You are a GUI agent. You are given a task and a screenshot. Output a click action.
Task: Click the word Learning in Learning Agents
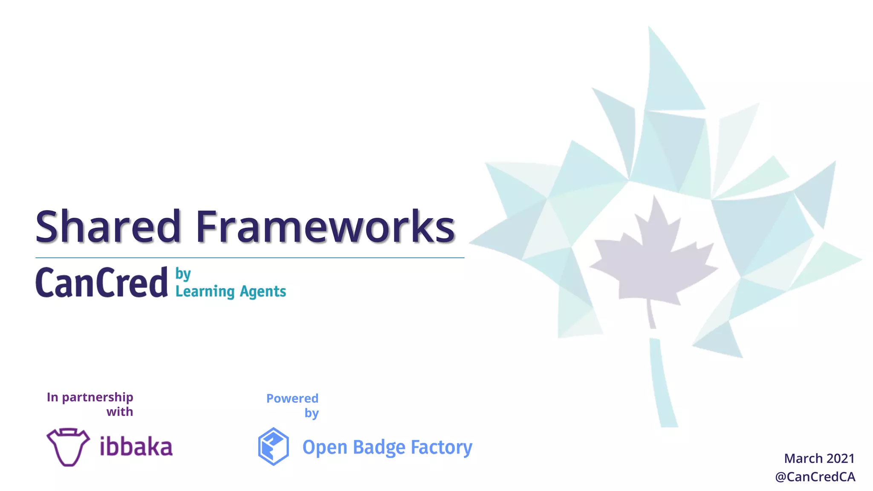point(205,292)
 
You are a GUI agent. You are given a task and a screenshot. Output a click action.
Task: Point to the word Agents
point(263,292)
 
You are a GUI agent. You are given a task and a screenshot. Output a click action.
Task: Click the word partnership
point(98,398)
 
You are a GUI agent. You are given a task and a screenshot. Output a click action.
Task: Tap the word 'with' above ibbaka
point(120,412)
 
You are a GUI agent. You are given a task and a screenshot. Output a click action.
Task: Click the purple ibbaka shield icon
point(68,447)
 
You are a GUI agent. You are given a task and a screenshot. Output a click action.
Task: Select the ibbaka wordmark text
point(136,447)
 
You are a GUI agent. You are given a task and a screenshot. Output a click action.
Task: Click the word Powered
point(292,399)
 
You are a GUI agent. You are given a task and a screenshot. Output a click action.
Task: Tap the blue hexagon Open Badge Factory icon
point(273,446)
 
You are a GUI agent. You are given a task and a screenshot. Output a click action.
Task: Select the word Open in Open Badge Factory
point(325,448)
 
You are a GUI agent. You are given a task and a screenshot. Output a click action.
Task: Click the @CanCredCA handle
point(815,477)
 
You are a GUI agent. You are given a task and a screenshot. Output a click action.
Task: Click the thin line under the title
point(250,258)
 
